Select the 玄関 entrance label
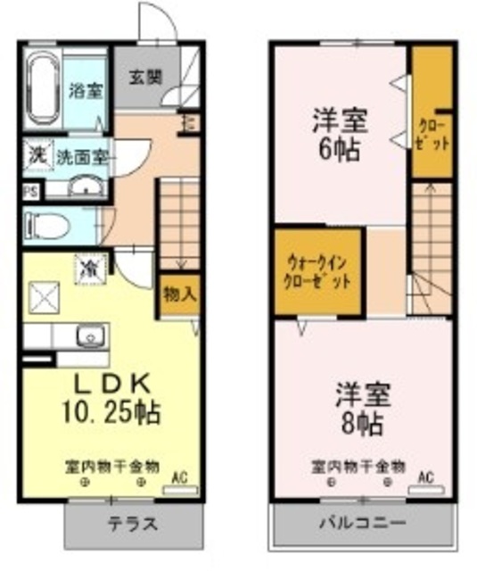click(x=147, y=77)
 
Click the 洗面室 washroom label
click(x=83, y=156)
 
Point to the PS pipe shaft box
click(x=29, y=191)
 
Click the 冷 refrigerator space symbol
click(x=91, y=266)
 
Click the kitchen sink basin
click(x=89, y=336)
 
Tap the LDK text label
click(x=109, y=385)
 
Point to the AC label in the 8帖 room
click(x=425, y=476)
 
